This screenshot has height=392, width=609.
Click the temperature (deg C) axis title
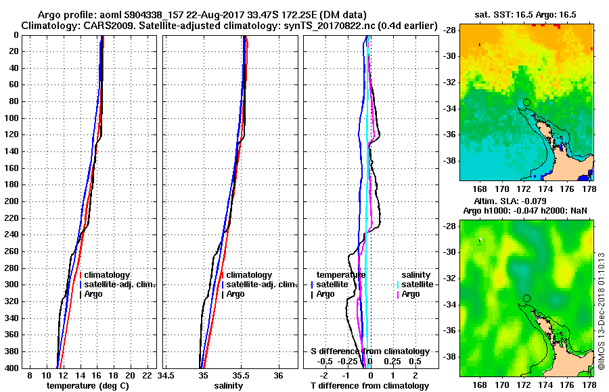[87, 386]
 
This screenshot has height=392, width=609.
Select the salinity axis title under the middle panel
[228, 386]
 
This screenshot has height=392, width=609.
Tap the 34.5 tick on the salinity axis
[166, 375]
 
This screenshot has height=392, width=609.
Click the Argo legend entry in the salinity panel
[235, 294]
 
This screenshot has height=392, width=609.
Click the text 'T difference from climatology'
[369, 386]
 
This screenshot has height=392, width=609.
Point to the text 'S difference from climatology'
[369, 351]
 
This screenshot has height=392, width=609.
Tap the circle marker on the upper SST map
[526, 102]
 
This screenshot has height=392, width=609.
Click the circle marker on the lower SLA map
[526, 298]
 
